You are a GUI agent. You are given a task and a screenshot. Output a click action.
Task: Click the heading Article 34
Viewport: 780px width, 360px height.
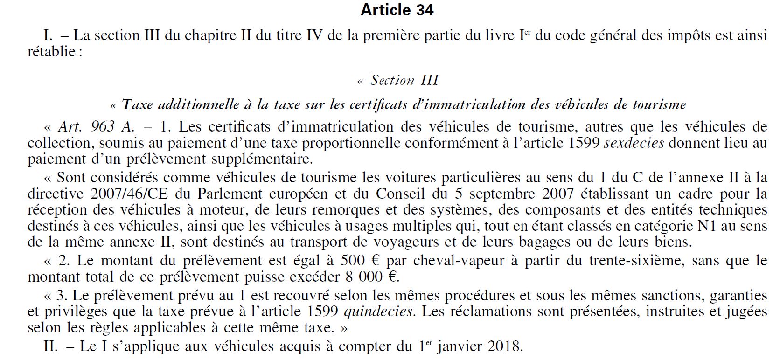click(397, 10)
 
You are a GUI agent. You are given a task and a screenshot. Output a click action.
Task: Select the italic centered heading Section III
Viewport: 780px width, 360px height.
click(404, 80)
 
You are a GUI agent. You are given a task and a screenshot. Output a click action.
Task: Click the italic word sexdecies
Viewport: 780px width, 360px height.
click(634, 143)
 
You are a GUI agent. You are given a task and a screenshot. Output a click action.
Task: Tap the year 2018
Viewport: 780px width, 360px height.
click(504, 346)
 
